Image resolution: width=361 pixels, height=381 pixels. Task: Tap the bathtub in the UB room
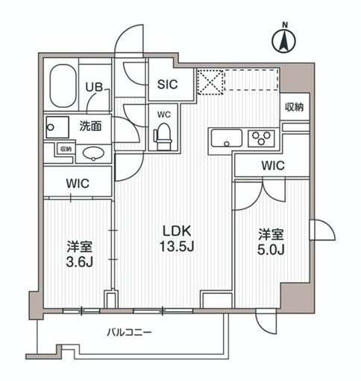coord(63,86)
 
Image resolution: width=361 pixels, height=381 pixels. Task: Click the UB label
coord(93,87)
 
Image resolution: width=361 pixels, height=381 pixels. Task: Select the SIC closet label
coord(167,85)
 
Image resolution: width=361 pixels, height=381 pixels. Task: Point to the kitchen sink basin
coord(225,138)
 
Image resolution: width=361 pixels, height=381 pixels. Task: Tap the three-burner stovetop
coord(262,138)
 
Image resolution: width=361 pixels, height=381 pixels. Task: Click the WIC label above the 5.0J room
coord(271,165)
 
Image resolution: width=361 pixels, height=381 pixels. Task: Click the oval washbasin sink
coord(92,153)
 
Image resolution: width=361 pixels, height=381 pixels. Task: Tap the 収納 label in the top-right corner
coord(294,107)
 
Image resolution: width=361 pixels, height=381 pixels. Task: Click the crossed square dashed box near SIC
coord(210,82)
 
